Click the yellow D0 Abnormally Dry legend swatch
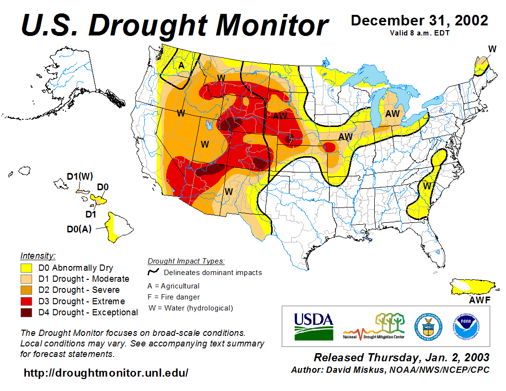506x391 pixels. coord(26,268)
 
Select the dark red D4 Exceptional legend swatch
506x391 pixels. coord(26,312)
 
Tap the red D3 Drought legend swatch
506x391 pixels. coord(26,301)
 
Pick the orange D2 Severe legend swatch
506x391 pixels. coord(26,290)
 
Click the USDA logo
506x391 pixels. coord(313,326)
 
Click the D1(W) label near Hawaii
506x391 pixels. coord(80,176)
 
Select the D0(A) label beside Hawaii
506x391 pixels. coord(79,229)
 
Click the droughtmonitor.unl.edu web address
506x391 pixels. coord(106,372)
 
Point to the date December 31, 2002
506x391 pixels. coord(419,21)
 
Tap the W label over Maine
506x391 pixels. coord(492,49)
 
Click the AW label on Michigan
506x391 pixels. coord(392,114)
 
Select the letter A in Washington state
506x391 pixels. coord(182,65)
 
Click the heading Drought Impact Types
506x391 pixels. coord(186,261)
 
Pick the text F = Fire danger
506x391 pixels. coord(173,297)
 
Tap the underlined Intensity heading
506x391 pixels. coord(38,255)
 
